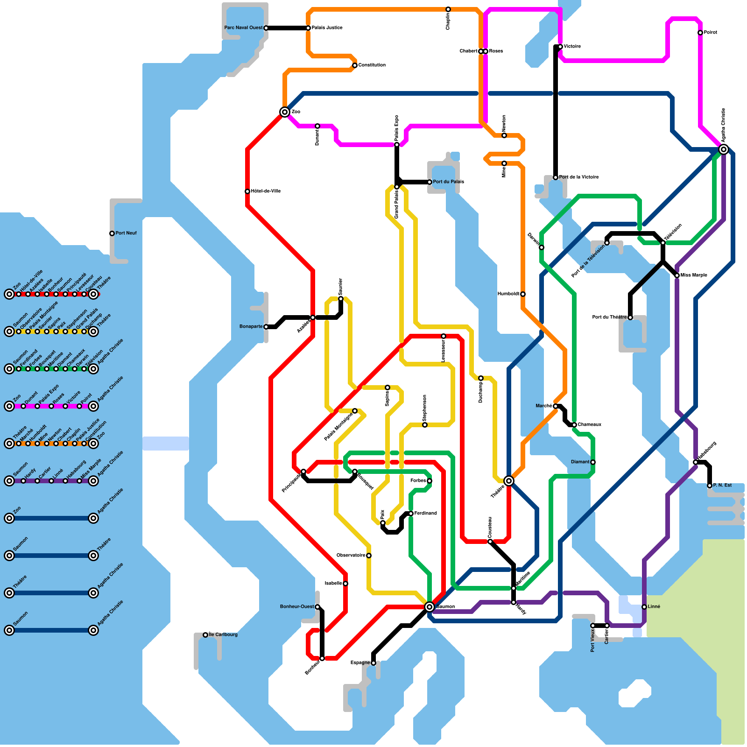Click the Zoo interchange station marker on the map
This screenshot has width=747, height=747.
pos(285,112)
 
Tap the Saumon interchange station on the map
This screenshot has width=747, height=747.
pos(430,607)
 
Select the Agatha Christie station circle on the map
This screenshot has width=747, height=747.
pos(724,149)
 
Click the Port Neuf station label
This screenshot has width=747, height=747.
pos(126,233)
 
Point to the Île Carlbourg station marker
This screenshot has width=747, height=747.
pos(205,635)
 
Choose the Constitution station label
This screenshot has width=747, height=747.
pos(372,65)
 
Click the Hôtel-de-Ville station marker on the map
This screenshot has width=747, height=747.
pos(247,191)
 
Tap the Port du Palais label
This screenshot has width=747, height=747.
pos(448,182)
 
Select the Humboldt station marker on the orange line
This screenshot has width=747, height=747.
pos(523,294)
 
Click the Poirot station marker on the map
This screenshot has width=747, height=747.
pos(700,33)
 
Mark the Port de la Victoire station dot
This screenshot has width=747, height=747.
pos(556,177)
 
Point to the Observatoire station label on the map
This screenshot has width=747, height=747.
pos(351,555)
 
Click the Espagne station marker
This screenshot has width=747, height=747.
pos(373,663)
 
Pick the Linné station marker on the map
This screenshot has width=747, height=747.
pos(644,607)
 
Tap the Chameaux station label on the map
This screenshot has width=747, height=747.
pos(589,424)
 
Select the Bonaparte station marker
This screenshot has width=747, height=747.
pos(266,327)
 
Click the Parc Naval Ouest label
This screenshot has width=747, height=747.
pos(243,28)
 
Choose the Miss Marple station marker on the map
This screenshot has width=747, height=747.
pos(677,275)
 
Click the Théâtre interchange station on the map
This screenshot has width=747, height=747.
pos(509,481)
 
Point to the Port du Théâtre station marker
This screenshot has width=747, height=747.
pos(630,317)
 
